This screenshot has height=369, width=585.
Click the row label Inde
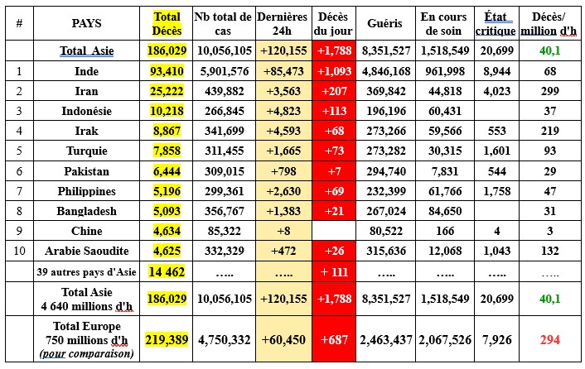point(87,71)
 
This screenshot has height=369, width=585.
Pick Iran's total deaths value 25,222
point(167,91)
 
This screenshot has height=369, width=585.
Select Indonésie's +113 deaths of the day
point(333,111)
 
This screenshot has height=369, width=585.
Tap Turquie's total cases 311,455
point(222,151)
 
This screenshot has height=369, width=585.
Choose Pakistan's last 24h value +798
point(284,170)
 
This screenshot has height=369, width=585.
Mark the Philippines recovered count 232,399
point(384,190)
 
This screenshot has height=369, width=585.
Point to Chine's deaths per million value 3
point(549,230)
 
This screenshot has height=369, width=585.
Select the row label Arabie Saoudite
point(87,250)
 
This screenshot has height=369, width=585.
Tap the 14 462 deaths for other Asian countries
point(167,271)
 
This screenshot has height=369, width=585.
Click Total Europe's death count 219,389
point(167,339)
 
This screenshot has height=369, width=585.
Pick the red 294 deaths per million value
point(549,339)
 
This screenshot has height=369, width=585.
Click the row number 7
point(18,190)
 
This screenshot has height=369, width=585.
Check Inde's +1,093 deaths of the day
point(333,71)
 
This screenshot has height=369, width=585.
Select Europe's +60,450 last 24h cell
point(284,339)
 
